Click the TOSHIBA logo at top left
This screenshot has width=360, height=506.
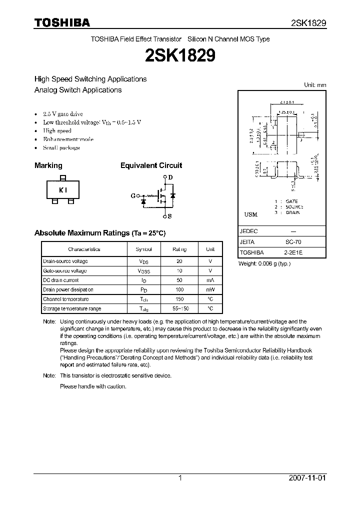click(62, 22)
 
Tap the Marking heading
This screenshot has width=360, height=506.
click(48, 165)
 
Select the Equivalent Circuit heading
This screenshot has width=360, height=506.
click(151, 165)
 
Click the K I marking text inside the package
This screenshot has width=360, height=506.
click(62, 190)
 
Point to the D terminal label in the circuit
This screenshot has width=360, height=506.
click(170, 177)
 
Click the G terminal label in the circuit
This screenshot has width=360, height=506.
click(133, 196)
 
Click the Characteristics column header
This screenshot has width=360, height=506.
click(84, 249)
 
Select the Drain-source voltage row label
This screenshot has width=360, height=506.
click(65, 261)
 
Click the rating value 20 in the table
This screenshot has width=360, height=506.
click(179, 261)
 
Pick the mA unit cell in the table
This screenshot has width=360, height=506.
click(210, 280)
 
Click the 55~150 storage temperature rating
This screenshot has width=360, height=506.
click(179, 309)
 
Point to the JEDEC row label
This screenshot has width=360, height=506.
click(248, 231)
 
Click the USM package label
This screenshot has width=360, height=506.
click(250, 214)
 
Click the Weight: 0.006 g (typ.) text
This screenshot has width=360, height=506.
click(264, 263)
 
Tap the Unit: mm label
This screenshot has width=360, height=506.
click(315, 85)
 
